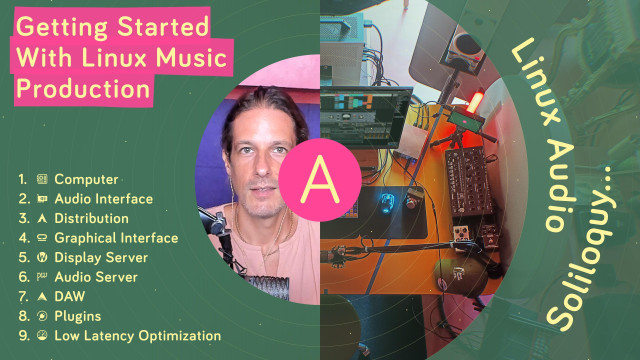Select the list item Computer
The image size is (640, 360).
(x=86, y=180)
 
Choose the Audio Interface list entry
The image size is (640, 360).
(x=103, y=199)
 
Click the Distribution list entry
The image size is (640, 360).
(x=91, y=219)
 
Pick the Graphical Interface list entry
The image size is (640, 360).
(x=116, y=238)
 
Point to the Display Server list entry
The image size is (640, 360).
(x=101, y=258)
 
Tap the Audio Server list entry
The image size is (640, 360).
(x=96, y=277)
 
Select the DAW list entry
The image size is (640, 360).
(x=70, y=297)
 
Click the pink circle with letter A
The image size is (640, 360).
(x=314, y=180)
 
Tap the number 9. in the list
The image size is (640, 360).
(x=21, y=336)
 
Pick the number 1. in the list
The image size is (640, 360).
(x=21, y=180)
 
